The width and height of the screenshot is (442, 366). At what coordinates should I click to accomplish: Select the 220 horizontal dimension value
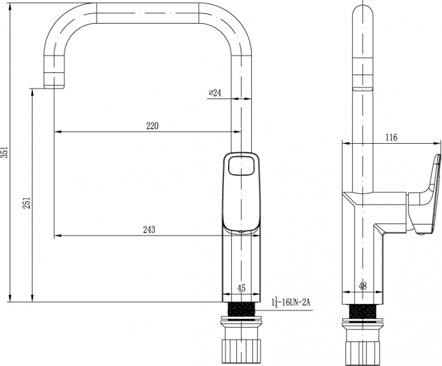pos(152,126)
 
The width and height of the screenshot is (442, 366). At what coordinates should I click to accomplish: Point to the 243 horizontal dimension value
pos(149,229)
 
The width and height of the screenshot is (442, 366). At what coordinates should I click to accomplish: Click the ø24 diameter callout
pos(215,93)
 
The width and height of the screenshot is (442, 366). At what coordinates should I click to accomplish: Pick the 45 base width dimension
pos(242,288)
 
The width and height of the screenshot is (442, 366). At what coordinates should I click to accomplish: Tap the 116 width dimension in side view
pos(391,137)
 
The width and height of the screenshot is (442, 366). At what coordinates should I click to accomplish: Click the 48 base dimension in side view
pos(363,286)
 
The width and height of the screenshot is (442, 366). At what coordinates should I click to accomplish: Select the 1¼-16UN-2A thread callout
pos(291,302)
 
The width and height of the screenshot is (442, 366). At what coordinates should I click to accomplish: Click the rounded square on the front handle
pos(242,165)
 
